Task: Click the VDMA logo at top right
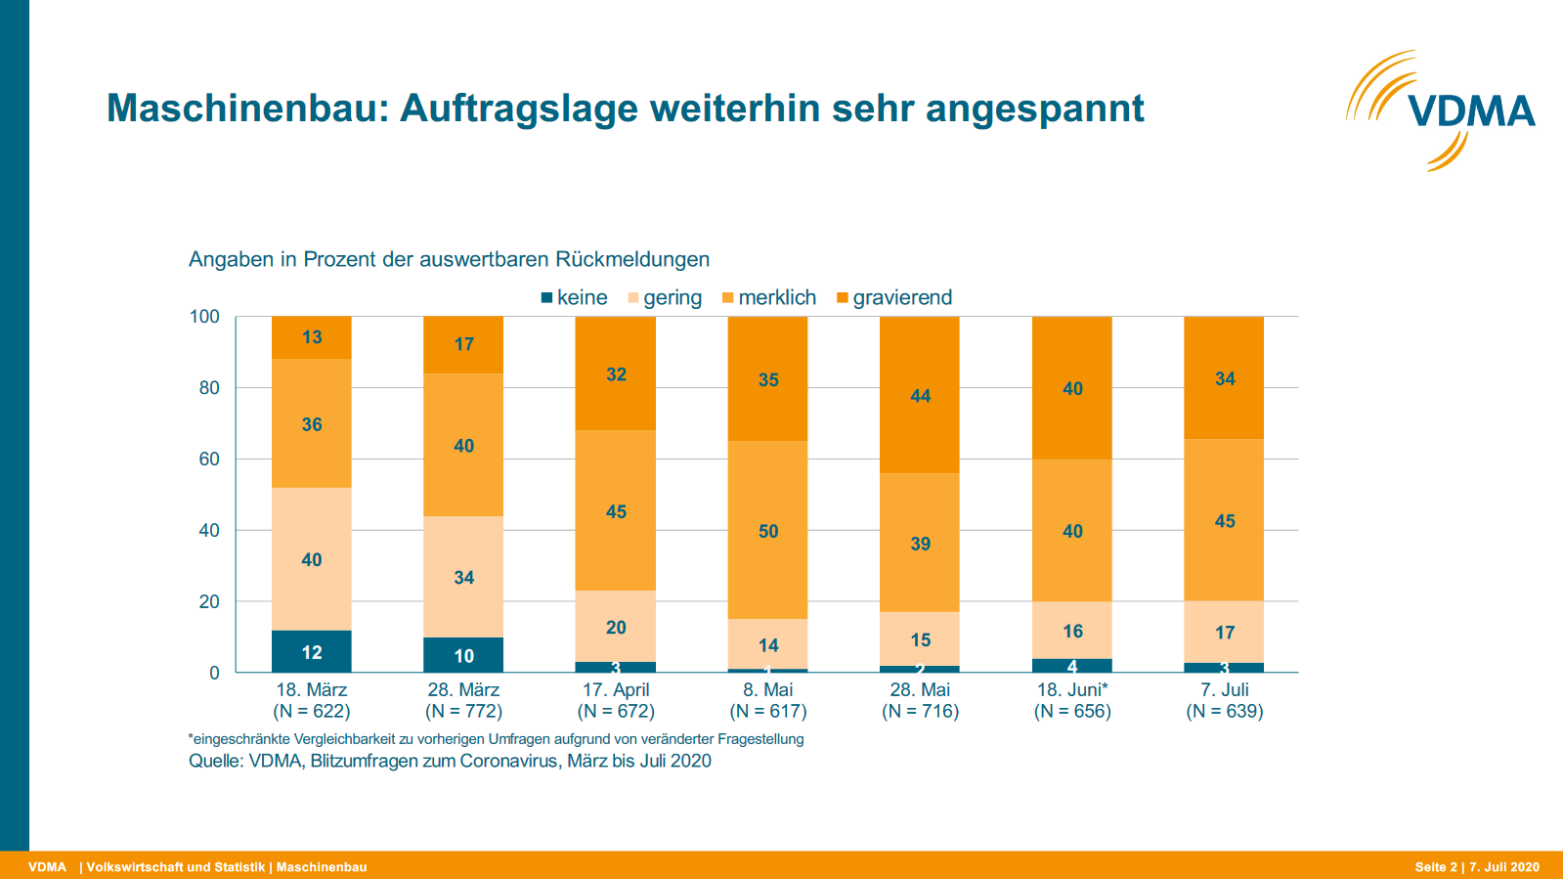(x=1441, y=110)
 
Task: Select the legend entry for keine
(x=575, y=297)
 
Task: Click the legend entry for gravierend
(x=894, y=297)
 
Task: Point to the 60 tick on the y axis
(x=209, y=459)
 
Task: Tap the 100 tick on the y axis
(x=204, y=317)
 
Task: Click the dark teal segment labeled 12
(x=312, y=652)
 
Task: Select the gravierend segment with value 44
(x=920, y=395)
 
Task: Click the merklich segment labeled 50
(x=768, y=530)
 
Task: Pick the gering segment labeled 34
(x=463, y=577)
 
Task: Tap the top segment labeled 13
(x=312, y=337)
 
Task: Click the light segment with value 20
(x=616, y=627)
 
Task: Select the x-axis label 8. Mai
(x=768, y=690)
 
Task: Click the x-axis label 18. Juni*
(x=1072, y=690)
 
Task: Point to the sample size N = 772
(x=463, y=712)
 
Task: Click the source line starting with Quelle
(x=450, y=761)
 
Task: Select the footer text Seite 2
(x=1435, y=867)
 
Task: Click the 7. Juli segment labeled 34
(x=1225, y=378)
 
